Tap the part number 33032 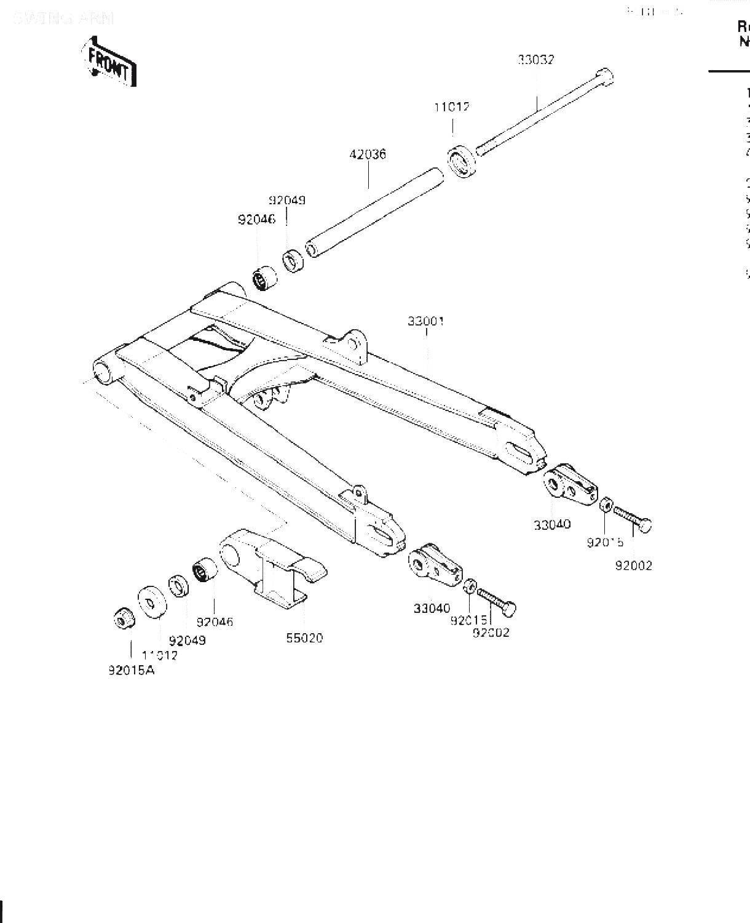pos(535,60)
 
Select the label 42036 pos(368,154)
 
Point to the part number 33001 pos(425,321)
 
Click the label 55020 pos(304,638)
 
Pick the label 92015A pos(132,670)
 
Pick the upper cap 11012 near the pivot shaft pos(460,161)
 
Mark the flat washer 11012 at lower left pos(151,599)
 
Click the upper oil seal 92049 pos(293,260)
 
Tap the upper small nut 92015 pos(604,506)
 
